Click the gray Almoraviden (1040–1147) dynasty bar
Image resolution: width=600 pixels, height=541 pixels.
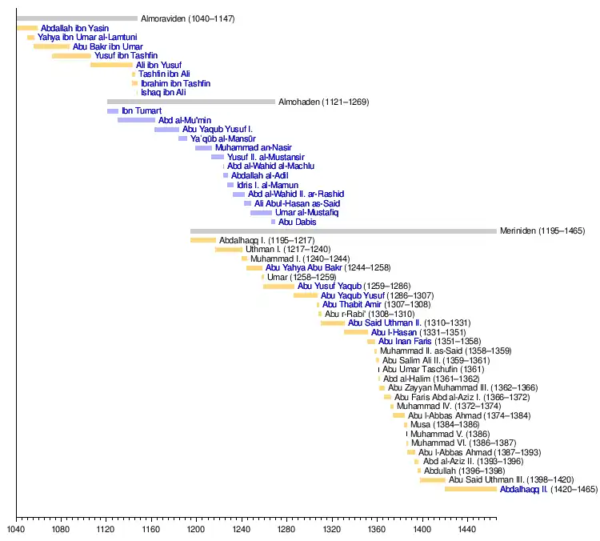click(77, 18)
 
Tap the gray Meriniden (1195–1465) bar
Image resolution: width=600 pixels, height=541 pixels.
click(343, 231)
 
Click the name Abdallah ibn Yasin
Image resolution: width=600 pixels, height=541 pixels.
click(75, 29)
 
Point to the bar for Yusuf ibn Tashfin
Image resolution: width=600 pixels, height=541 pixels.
click(71, 56)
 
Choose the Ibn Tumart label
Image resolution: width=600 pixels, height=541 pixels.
click(142, 111)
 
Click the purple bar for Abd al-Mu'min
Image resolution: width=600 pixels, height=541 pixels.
click(136, 120)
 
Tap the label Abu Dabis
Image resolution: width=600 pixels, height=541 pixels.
click(298, 222)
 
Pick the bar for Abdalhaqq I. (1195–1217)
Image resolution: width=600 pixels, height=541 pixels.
click(203, 240)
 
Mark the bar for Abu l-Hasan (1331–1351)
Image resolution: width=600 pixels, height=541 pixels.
click(356, 332)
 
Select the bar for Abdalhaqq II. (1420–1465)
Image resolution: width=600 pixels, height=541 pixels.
click(470, 489)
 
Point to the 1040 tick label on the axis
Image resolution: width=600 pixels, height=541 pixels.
click(16, 529)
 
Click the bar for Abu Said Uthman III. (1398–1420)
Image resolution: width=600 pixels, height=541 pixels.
click(432, 480)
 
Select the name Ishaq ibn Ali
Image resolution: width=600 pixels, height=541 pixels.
click(163, 93)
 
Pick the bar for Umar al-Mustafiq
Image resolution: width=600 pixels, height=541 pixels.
click(261, 213)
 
